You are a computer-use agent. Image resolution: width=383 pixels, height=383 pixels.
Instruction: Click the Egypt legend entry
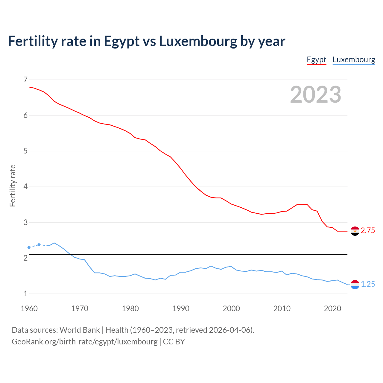tap(316, 60)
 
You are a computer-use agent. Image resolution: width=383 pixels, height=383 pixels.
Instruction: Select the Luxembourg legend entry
tap(354, 60)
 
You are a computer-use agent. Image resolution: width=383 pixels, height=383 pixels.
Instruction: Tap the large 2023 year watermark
tap(315, 95)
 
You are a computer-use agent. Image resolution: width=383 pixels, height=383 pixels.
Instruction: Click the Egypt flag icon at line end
tap(355, 231)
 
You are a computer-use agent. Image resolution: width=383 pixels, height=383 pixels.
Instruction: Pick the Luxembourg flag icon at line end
tap(355, 285)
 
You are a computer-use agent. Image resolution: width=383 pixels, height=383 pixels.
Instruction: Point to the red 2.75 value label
tap(368, 231)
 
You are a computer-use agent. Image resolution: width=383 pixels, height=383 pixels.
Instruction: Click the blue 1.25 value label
tap(368, 284)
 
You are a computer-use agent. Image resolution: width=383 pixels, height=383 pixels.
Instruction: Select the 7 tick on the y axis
tap(25, 80)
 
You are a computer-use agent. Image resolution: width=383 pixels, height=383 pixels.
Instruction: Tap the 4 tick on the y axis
tap(25, 187)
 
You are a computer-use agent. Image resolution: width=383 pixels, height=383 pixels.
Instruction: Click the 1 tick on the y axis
tap(25, 294)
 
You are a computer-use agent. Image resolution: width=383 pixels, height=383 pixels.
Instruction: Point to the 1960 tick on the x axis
tap(29, 308)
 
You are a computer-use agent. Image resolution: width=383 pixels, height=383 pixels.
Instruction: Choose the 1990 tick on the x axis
tap(181, 308)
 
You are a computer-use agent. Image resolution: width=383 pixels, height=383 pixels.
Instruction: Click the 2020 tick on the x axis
tap(332, 308)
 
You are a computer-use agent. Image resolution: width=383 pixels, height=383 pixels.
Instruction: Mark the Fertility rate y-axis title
tap(13, 186)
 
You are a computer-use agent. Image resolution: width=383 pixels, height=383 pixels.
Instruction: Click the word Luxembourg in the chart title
tap(198, 41)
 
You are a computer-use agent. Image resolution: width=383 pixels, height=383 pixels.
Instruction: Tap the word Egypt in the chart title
tap(121, 42)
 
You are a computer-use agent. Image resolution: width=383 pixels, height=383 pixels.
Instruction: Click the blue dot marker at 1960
tap(29, 247)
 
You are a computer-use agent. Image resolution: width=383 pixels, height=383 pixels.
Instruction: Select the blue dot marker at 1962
tap(39, 245)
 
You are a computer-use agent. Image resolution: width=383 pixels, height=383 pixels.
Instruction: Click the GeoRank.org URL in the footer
tap(84, 342)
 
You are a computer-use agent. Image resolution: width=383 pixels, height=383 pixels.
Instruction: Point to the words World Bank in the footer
tap(80, 330)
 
